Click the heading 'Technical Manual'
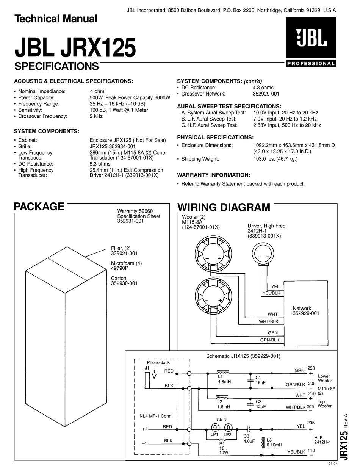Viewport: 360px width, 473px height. pyautogui.click(x=56, y=18)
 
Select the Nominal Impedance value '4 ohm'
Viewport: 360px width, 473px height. pyautogui.click(x=97, y=91)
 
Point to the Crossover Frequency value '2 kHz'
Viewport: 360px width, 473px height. pyautogui.click(x=96, y=116)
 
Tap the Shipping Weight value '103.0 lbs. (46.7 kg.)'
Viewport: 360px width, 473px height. pyautogui.click(x=275, y=159)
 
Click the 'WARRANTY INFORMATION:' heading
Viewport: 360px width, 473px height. pyautogui.click(x=214, y=175)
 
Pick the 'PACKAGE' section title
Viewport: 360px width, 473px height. pyautogui.click(x=39, y=207)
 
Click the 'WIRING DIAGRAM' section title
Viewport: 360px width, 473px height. pyautogui.click(x=224, y=207)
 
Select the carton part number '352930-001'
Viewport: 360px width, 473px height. pyautogui.click(x=124, y=283)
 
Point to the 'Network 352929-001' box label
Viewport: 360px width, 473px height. pyautogui.click(x=306, y=311)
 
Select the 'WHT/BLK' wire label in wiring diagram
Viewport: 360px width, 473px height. pyautogui.click(x=269, y=321)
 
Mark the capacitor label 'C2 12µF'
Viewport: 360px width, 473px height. pyautogui.click(x=258, y=404)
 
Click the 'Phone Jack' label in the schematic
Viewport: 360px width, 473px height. pyautogui.click(x=158, y=363)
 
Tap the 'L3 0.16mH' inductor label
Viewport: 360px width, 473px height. pyautogui.click(x=274, y=442)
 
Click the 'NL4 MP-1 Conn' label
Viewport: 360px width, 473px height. pyautogui.click(x=155, y=416)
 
